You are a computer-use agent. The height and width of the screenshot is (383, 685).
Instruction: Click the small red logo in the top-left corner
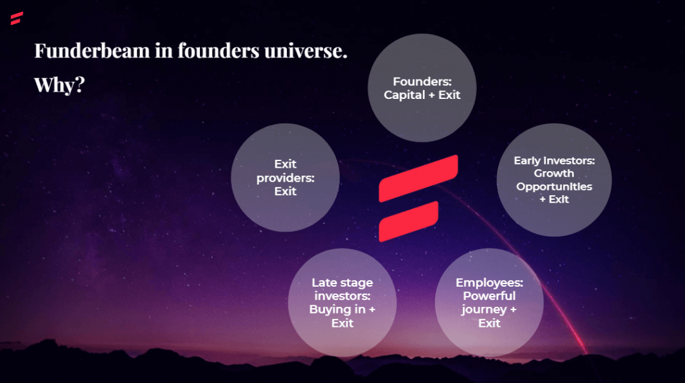(x=17, y=18)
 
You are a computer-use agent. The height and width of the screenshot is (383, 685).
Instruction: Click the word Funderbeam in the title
(x=92, y=51)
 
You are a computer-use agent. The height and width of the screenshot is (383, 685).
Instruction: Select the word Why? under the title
(x=60, y=85)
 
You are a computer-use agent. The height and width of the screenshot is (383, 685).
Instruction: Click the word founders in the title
(x=219, y=51)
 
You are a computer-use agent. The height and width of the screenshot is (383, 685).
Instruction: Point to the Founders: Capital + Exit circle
(x=422, y=88)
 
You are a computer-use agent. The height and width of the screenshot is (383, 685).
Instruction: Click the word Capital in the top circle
(x=404, y=95)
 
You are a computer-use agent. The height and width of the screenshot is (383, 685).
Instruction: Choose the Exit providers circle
(x=285, y=177)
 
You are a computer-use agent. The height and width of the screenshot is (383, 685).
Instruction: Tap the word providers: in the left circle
(x=285, y=178)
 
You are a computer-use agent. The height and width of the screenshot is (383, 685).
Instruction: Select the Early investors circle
(x=554, y=180)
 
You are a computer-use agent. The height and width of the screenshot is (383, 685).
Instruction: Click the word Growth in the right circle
(x=554, y=173)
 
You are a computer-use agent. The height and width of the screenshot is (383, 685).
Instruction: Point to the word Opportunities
(x=554, y=187)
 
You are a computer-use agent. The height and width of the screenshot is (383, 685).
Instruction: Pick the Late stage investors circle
(x=342, y=303)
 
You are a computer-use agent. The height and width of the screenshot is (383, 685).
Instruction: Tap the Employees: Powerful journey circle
(x=489, y=303)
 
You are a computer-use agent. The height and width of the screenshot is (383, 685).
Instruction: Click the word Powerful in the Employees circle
(x=489, y=295)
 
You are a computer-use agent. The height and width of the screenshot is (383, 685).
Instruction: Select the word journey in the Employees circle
(x=484, y=310)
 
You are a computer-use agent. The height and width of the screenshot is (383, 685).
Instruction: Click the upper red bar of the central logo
(x=419, y=178)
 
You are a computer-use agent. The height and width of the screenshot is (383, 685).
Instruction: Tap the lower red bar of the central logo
(x=409, y=221)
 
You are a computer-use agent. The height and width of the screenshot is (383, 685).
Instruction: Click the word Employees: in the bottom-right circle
(x=489, y=283)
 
